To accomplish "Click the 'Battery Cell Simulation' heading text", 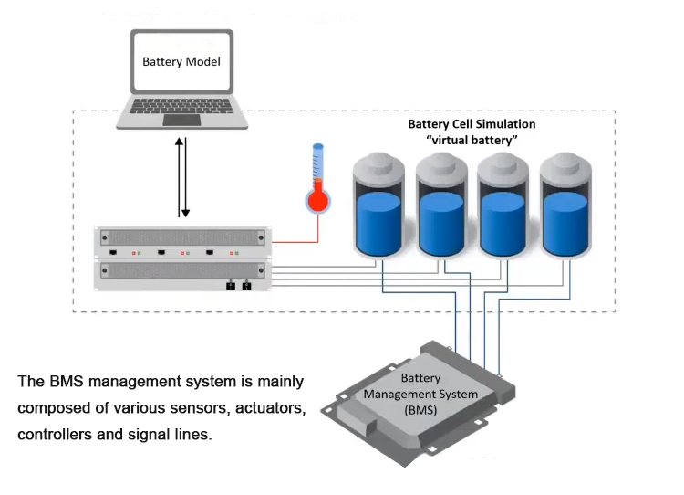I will point(471,123).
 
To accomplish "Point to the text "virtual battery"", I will point(472,140).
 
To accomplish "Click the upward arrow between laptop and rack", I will point(180,174).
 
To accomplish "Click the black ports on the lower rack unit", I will point(237,285).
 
